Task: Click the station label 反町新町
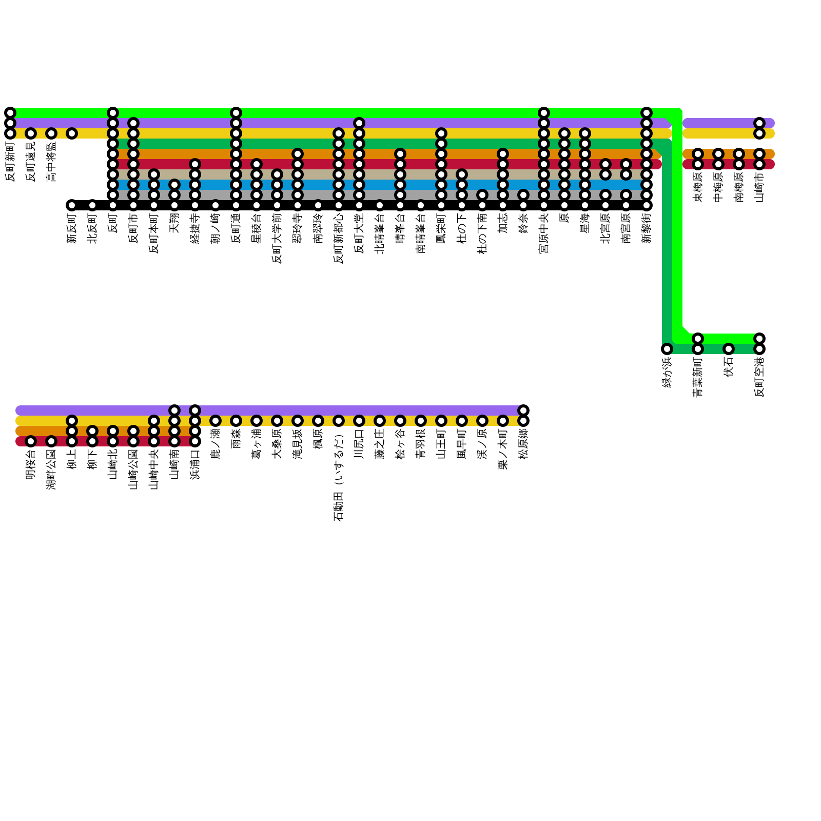(10, 162)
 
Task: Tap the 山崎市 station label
(759, 187)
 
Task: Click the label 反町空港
(759, 377)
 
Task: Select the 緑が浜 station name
(667, 372)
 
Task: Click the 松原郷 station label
(523, 444)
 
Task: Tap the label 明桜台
(31, 464)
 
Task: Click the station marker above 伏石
(729, 349)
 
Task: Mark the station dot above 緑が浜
(667, 349)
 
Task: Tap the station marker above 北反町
(92, 205)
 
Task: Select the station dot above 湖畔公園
(51, 441)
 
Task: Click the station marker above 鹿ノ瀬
(216, 421)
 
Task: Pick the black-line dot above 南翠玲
(318, 205)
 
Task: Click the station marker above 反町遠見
(31, 133)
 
